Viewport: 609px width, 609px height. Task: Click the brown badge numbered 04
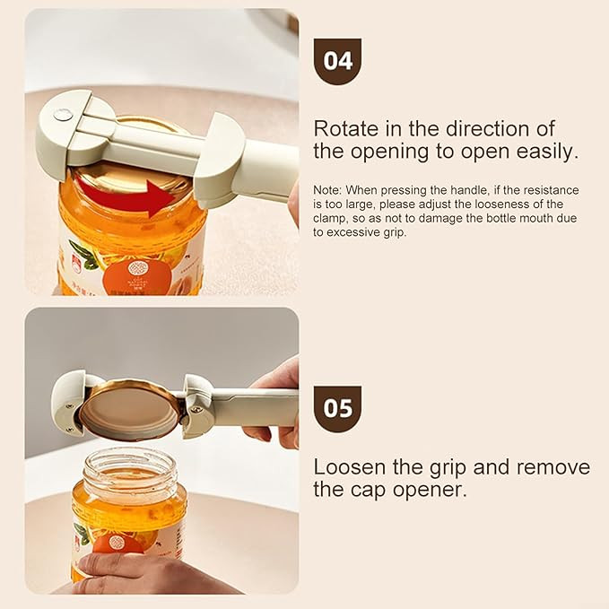click(x=337, y=61)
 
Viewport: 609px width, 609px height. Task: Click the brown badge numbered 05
click(x=337, y=409)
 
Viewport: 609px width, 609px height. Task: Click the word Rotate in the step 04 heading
click(x=346, y=128)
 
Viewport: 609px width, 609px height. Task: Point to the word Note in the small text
click(x=327, y=190)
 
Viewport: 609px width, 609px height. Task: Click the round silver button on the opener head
click(x=63, y=114)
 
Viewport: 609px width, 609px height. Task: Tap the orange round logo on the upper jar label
click(x=137, y=275)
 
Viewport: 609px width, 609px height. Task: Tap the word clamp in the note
click(x=330, y=219)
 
